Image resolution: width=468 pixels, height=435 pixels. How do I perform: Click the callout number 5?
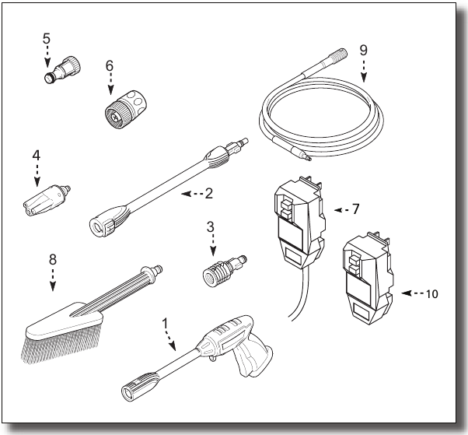[x=46, y=37]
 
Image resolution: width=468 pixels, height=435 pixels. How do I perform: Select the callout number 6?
[x=110, y=66]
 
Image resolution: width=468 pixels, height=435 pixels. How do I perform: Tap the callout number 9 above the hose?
[x=363, y=49]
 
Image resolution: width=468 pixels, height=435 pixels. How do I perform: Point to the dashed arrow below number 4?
[x=36, y=175]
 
